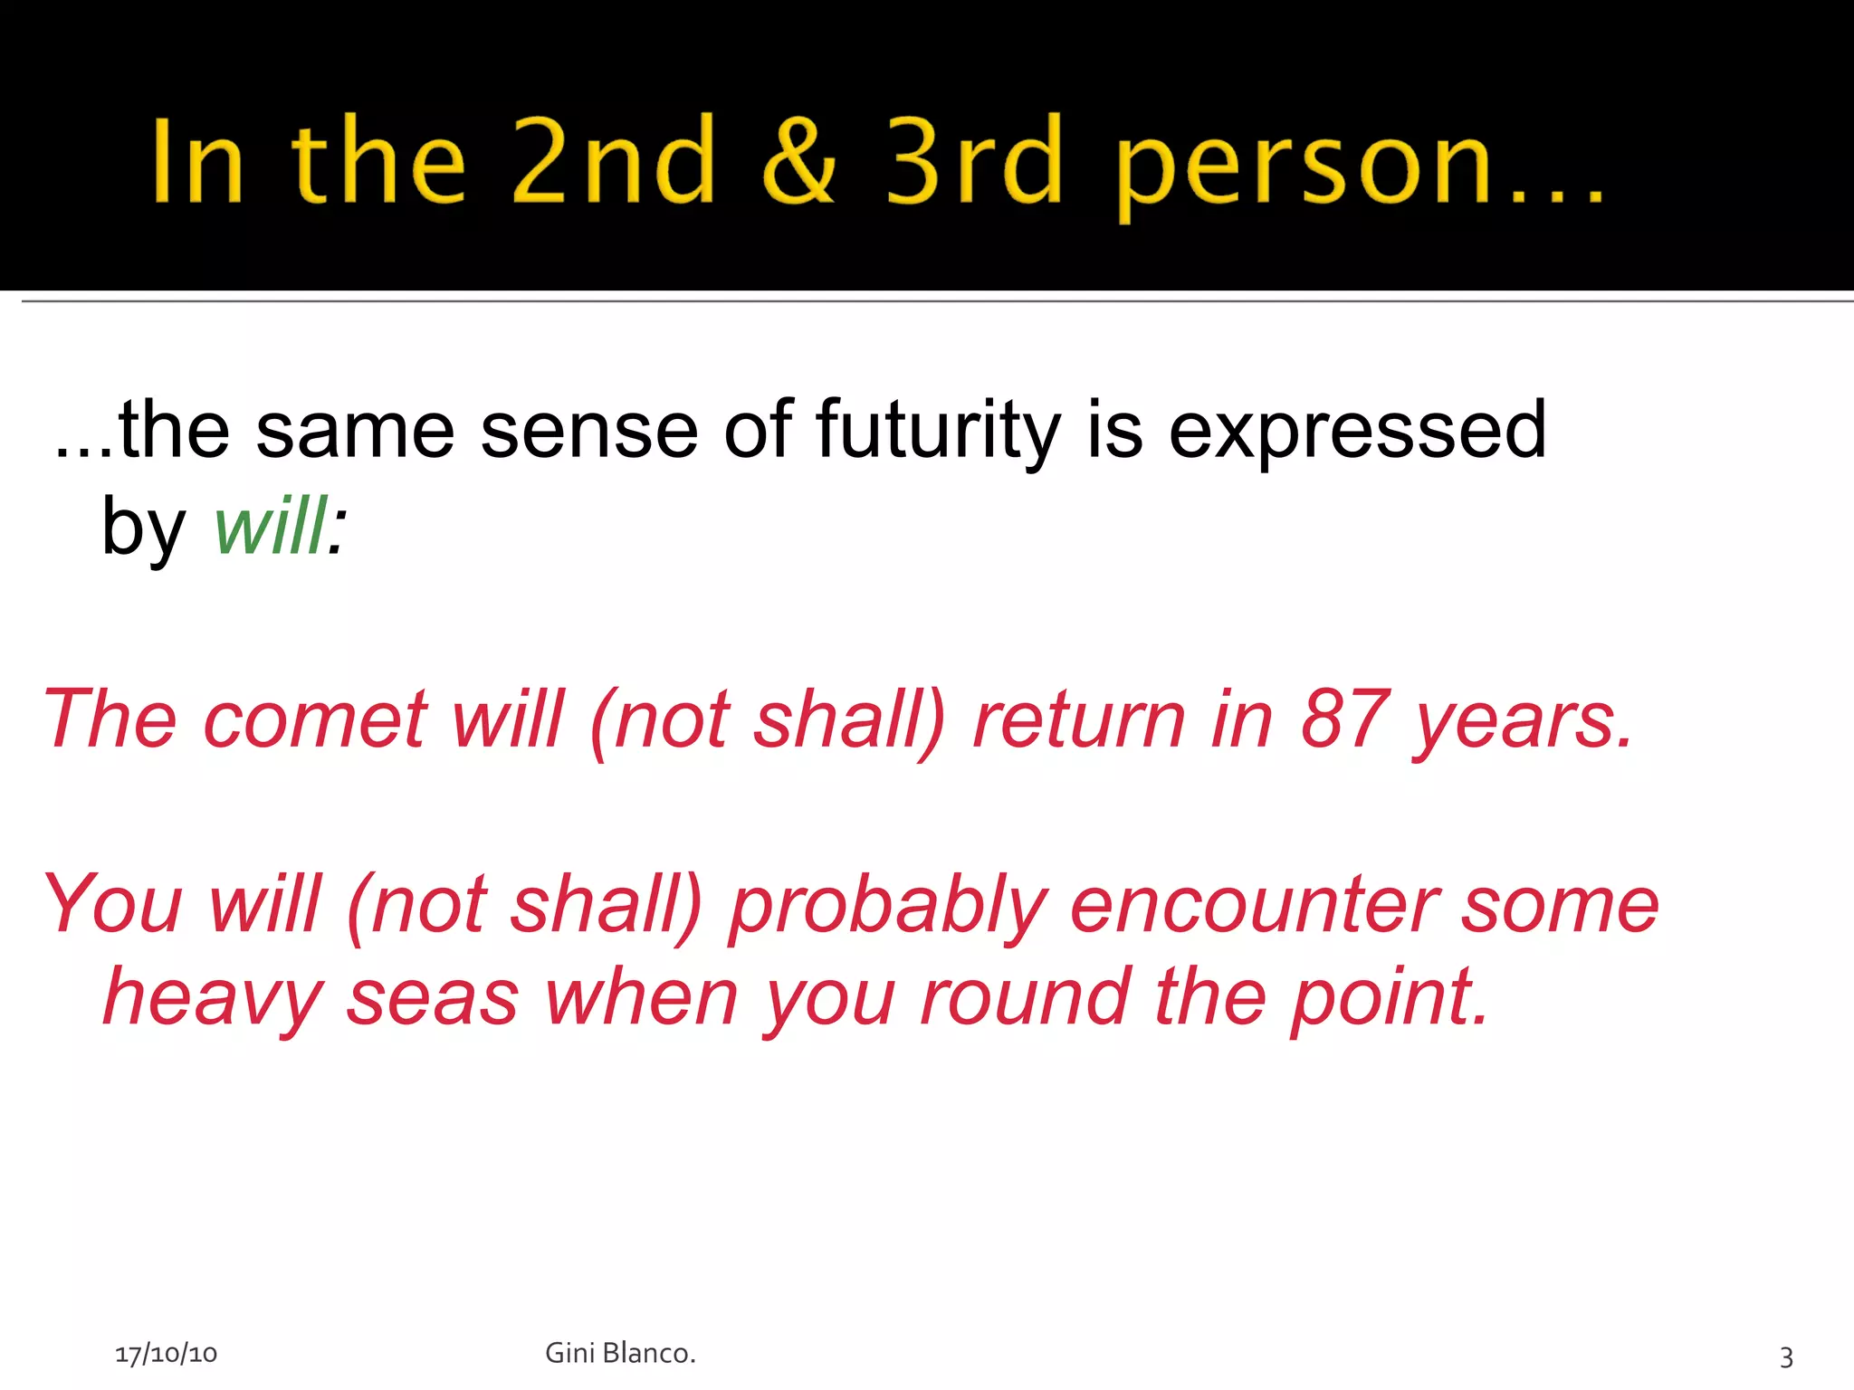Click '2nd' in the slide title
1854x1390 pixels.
(x=614, y=161)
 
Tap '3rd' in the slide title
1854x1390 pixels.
(x=973, y=161)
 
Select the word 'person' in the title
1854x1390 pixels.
(x=1304, y=167)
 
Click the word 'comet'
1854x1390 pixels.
(x=315, y=719)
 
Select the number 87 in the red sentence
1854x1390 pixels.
(x=1344, y=719)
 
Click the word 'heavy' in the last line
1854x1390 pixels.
(x=213, y=1000)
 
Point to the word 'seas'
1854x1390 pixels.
(x=433, y=1000)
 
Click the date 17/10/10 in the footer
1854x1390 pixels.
(x=166, y=1354)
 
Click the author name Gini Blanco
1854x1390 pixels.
(x=620, y=1353)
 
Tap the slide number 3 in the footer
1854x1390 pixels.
(x=1785, y=1357)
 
